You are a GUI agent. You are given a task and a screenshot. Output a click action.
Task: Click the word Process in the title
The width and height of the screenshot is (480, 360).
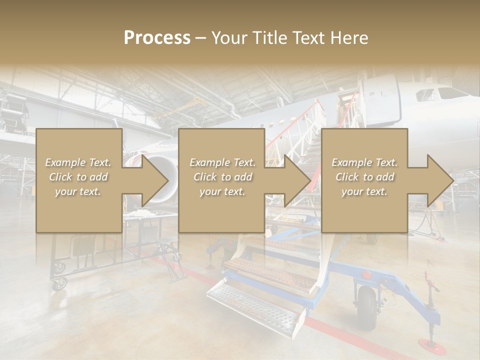(157, 38)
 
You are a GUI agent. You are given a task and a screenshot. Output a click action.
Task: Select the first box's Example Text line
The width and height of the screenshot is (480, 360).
(78, 162)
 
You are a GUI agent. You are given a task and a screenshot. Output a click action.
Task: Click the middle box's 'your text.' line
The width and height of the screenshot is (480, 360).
(222, 191)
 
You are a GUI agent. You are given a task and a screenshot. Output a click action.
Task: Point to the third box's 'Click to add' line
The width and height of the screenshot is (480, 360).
(364, 177)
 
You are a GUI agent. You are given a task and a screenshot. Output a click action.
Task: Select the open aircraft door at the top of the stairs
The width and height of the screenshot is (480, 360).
(345, 107)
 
